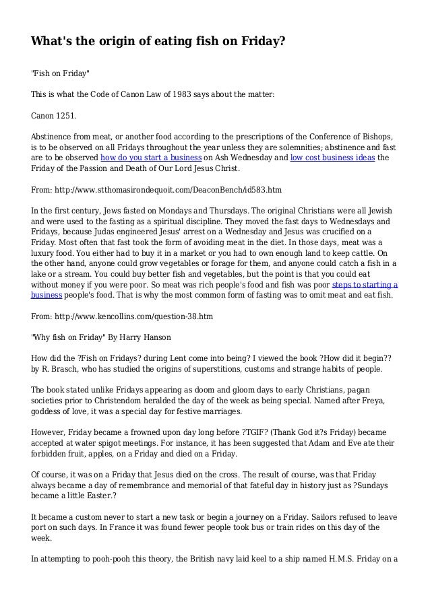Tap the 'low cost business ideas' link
(x=332, y=158)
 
